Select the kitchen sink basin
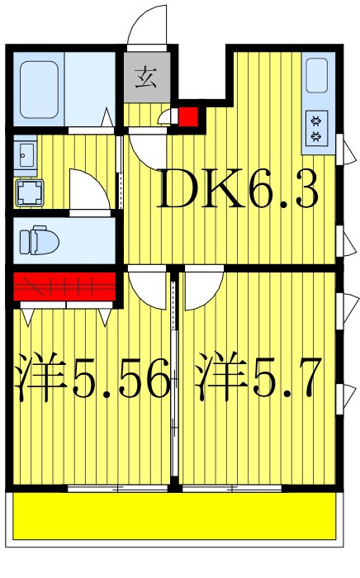tap(318, 77)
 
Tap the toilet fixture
tap(37, 240)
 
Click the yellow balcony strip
tap(175, 515)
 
